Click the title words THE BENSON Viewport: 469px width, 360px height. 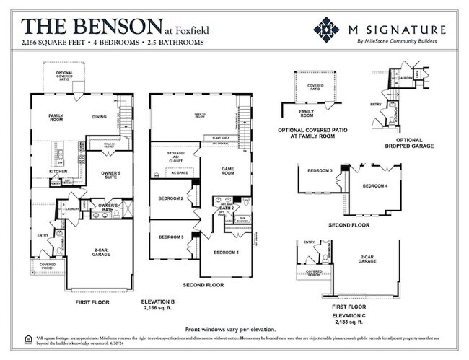tap(92, 27)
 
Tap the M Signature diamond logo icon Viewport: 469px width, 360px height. tap(326, 30)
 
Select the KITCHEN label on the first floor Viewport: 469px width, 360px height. tap(58, 171)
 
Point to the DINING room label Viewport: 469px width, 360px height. tap(100, 116)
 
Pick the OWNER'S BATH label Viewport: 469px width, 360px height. tap(108, 208)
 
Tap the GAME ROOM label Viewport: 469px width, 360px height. tap(228, 170)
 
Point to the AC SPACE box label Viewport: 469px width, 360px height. tap(179, 172)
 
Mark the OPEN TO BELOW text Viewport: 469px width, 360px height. tap(199, 115)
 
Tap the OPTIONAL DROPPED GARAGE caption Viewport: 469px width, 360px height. tap(409, 142)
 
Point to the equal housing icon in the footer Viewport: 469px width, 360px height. tap(28, 338)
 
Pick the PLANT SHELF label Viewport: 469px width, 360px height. tap(221, 136)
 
